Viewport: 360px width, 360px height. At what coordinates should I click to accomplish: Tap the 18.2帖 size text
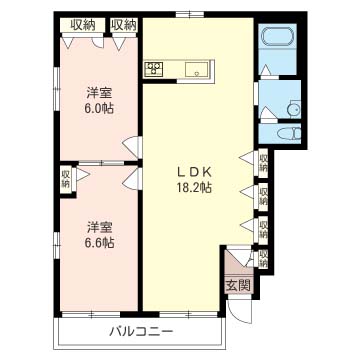coord(194,187)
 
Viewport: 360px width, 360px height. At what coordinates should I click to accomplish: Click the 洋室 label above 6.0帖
coord(98,92)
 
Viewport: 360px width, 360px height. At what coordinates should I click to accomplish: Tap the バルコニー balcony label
coord(142,331)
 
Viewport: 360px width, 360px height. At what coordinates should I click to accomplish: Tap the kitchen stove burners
coord(156,69)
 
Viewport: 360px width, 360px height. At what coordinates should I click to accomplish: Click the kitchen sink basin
coord(197,69)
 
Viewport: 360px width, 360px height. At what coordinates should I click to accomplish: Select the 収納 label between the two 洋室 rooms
coord(65,178)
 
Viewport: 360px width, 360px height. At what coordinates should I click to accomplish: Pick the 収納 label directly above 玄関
coord(263,259)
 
